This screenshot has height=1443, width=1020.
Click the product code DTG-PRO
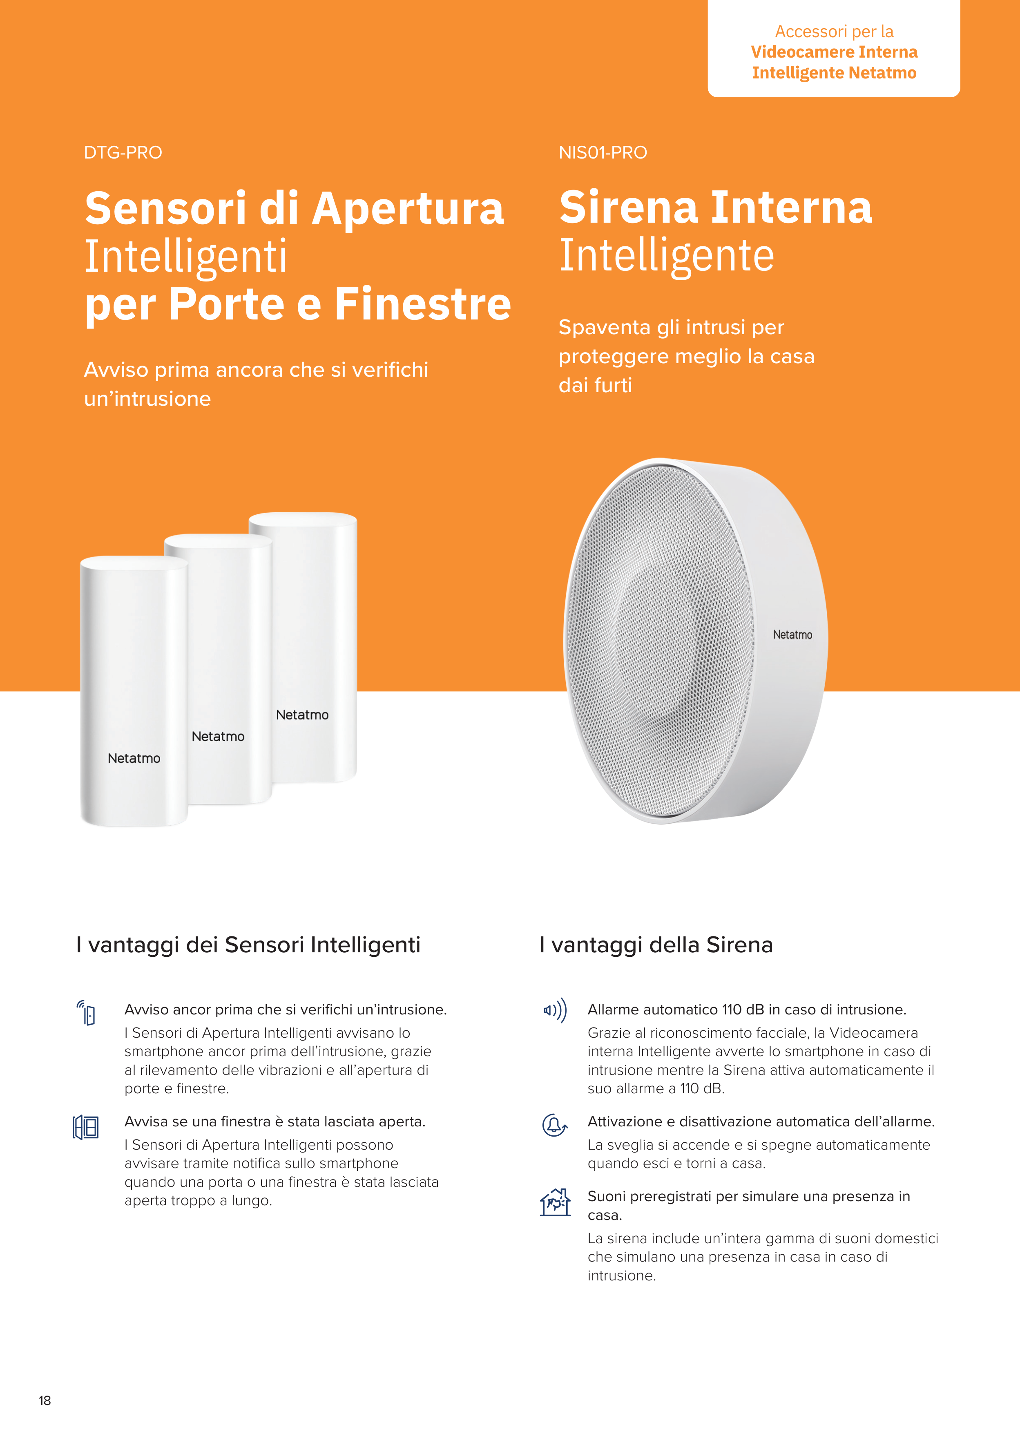[123, 153]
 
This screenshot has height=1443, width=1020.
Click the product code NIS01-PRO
[603, 153]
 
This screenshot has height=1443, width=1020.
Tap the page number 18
[45, 1400]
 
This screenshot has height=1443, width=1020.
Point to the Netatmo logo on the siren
[792, 635]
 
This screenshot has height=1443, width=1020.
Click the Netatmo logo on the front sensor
[134, 759]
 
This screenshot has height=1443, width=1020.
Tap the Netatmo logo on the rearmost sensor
[302, 715]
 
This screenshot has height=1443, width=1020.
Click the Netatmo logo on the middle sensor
[218, 737]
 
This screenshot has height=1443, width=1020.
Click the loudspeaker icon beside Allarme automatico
[555, 1010]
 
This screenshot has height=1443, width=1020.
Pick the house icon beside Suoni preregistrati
[555, 1202]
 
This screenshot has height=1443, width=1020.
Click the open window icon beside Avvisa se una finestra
[85, 1128]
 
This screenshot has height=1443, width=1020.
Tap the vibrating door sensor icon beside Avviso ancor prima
[86, 1012]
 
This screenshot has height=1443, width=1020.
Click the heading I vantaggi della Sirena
[656, 945]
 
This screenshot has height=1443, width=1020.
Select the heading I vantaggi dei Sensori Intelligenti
[248, 945]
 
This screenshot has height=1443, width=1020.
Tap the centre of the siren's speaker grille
[660, 640]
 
